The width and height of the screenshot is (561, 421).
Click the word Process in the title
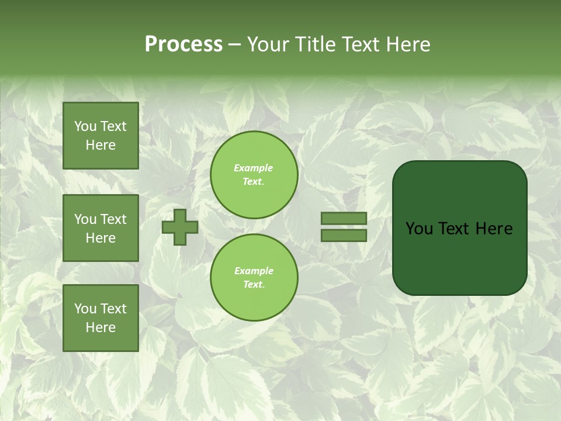click(x=183, y=44)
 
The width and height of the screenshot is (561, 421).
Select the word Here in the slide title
click(x=407, y=44)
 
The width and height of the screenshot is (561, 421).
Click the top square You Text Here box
click(x=101, y=136)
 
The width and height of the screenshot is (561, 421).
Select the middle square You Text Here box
click(x=101, y=228)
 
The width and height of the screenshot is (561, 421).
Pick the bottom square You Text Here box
click(x=101, y=318)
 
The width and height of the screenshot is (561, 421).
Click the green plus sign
click(x=180, y=227)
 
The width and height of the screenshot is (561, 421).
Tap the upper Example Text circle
click(x=254, y=175)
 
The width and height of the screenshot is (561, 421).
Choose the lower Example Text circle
click(x=254, y=278)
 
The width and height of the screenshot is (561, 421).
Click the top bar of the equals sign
click(x=344, y=218)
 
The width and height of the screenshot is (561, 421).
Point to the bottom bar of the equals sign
click(x=344, y=235)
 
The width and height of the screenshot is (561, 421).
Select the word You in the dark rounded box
click(x=419, y=229)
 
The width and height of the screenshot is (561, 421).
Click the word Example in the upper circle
click(x=254, y=168)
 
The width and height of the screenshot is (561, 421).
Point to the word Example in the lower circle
click(x=254, y=271)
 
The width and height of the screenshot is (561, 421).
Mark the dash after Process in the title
click(x=235, y=45)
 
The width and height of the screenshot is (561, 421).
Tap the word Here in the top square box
click(x=101, y=145)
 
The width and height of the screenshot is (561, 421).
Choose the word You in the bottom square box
click(x=85, y=309)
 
